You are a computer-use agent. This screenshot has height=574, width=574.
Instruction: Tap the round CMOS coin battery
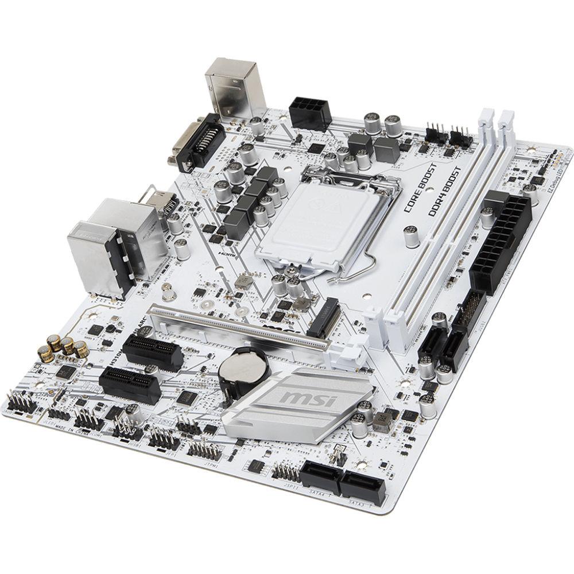[x=239, y=367]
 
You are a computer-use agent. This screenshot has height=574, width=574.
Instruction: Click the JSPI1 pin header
[x=285, y=472]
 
